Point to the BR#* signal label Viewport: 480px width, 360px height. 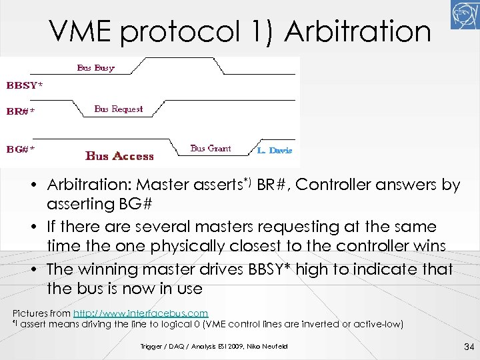coord(21,111)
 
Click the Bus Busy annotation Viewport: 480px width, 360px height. coord(95,67)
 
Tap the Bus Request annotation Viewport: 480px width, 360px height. coord(119,109)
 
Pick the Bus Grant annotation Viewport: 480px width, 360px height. coord(211,148)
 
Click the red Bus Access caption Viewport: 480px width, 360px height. coord(120,157)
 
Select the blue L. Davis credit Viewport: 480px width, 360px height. coord(275,150)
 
